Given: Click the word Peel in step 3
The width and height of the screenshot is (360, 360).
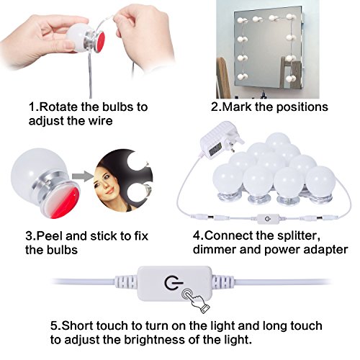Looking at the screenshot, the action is (50, 236).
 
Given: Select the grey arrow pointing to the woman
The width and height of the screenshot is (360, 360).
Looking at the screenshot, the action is (83, 176).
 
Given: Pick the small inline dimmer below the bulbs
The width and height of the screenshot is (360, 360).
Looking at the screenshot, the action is (268, 218).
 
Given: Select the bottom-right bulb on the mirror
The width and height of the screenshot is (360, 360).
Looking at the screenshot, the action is (291, 78).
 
